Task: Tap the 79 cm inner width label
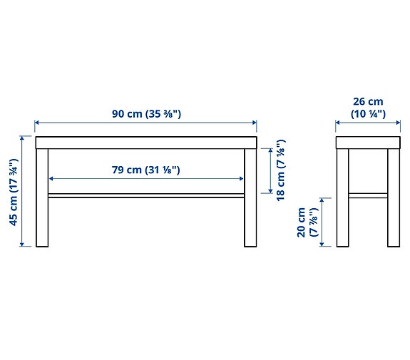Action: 145,170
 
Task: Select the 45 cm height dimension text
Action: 13,192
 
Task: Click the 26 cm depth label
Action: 367,108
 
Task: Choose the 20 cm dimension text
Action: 307,222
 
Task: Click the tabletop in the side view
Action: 368,143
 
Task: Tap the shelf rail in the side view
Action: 368,194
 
